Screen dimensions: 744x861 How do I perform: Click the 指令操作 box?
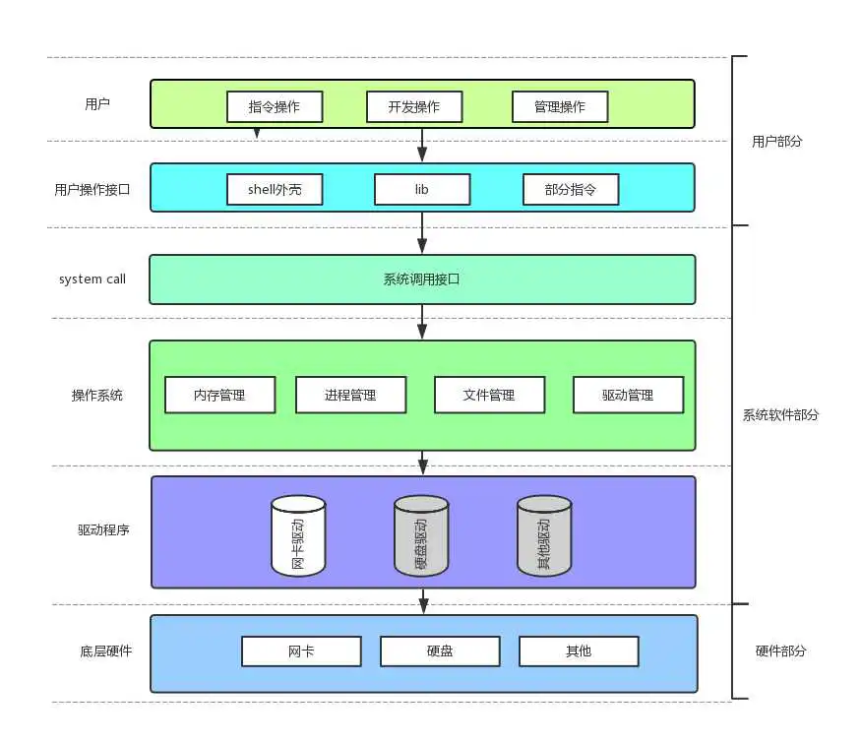[276, 106]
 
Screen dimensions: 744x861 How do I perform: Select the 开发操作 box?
[413, 106]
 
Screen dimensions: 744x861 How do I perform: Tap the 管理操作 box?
[560, 106]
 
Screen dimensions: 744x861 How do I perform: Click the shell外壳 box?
[275, 190]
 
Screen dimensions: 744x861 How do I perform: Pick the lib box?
[422, 190]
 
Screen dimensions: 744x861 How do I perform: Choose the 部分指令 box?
[570, 190]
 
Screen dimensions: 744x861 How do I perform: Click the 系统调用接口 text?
[422, 279]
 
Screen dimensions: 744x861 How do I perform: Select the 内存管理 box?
[218, 396]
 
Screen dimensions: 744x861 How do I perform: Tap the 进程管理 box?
[350, 396]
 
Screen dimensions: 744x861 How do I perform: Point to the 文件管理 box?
[489, 396]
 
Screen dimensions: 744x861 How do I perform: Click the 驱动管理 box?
[628, 396]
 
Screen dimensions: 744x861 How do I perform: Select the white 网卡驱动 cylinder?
[298, 535]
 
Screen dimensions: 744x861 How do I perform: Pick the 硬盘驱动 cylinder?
[421, 535]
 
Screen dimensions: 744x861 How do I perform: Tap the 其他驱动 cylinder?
[544, 535]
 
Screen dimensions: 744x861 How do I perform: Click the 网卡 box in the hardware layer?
[301, 651]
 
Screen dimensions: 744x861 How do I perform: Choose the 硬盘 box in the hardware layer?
[440, 651]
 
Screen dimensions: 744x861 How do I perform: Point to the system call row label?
[92, 279]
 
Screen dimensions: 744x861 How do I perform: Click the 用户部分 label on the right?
[777, 142]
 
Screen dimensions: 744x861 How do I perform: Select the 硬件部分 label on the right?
[781, 651]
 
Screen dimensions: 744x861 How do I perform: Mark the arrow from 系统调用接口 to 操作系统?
[422, 322]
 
